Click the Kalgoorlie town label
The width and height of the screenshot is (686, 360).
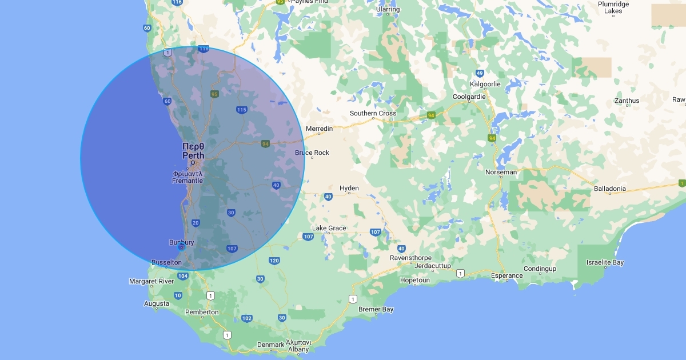(x=485, y=84)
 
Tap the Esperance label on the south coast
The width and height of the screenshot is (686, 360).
(x=507, y=275)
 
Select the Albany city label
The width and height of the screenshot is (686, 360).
(x=298, y=350)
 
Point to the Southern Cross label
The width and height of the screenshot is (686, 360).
(x=373, y=113)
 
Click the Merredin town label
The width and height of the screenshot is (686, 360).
(x=319, y=129)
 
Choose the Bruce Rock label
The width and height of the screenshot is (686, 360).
(x=312, y=153)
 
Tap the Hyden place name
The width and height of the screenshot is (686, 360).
(x=349, y=188)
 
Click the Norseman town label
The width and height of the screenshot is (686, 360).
(x=501, y=172)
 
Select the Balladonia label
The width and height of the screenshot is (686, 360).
(x=609, y=189)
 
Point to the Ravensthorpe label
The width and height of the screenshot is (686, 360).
(x=410, y=258)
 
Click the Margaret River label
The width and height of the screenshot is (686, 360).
(x=151, y=281)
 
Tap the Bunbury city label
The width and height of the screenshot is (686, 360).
(x=181, y=242)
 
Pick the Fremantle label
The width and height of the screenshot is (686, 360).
(x=188, y=181)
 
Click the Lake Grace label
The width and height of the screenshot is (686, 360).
(x=329, y=228)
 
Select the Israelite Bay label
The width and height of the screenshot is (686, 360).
(x=605, y=263)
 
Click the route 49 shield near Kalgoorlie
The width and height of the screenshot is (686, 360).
(x=480, y=73)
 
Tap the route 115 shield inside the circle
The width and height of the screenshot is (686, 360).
(x=241, y=110)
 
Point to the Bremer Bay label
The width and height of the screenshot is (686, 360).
(x=376, y=310)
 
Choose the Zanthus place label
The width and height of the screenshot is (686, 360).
(x=627, y=101)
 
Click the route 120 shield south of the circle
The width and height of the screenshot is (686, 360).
(x=274, y=261)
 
